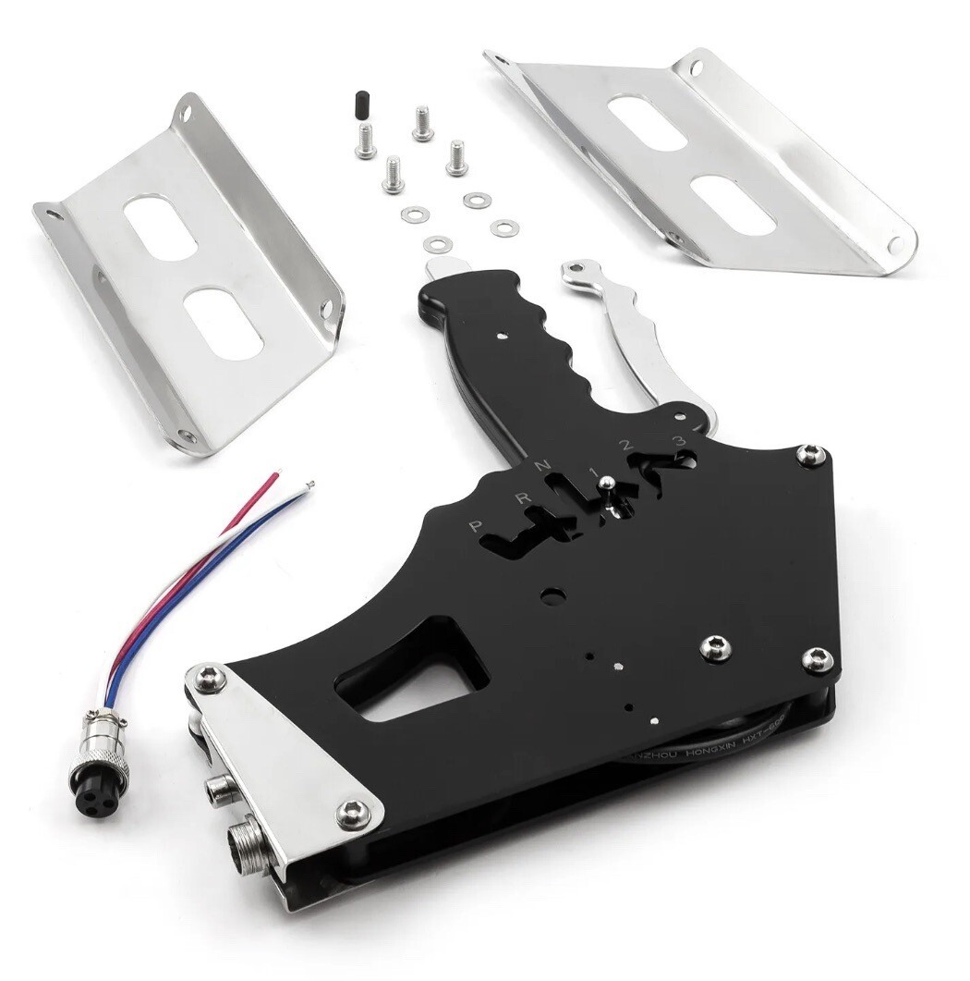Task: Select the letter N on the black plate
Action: pos(545,463)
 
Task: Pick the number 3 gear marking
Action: pos(679,440)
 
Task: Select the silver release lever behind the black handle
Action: pos(628,333)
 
